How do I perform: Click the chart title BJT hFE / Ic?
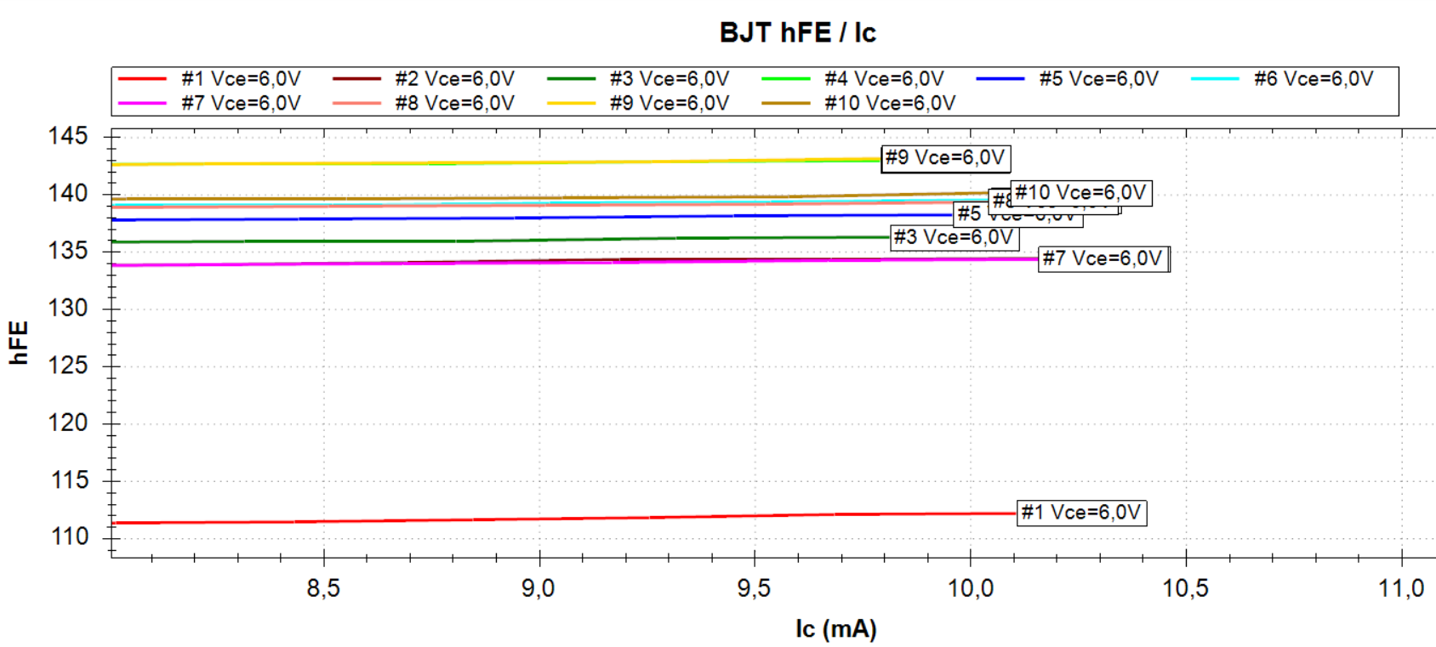pos(797,32)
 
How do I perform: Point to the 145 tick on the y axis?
pos(68,136)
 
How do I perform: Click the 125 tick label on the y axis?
pos(68,366)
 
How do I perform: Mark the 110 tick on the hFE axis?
pos(68,537)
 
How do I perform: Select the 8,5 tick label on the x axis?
pos(323,588)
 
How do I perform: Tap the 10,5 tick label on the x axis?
pos(1186,588)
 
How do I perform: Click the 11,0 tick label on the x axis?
pos(1401,588)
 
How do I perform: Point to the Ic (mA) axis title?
pos(835,629)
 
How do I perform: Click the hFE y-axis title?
pos(19,343)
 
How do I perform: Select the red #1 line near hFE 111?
pos(510,519)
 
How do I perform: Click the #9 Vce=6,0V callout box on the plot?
pos(945,158)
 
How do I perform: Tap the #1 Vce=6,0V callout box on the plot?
pos(1081,513)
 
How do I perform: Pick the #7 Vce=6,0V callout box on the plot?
pos(1103,258)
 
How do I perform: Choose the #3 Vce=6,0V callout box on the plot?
pos(954,237)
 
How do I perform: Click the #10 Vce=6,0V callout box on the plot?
pos(1080,193)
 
